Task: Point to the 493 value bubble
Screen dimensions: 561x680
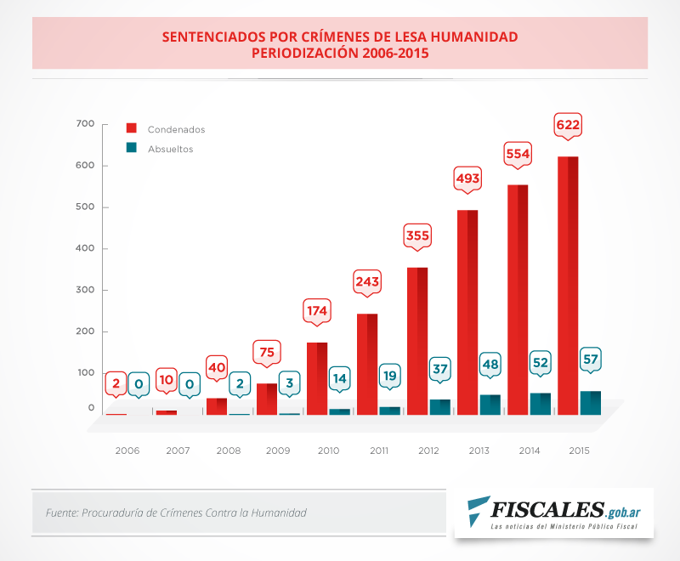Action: point(467,178)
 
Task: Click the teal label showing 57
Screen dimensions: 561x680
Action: point(591,360)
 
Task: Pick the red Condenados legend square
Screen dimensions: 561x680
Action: point(132,129)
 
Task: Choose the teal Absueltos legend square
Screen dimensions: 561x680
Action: point(132,148)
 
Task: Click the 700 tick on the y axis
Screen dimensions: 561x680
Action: point(85,124)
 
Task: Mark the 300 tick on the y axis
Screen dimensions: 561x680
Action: point(85,290)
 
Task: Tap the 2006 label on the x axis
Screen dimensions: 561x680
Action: point(127,450)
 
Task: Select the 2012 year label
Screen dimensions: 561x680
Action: point(428,450)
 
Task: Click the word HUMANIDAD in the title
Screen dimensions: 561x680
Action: point(467,37)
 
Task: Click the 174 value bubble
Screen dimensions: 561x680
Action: point(317,311)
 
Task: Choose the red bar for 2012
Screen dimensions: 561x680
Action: point(416,340)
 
